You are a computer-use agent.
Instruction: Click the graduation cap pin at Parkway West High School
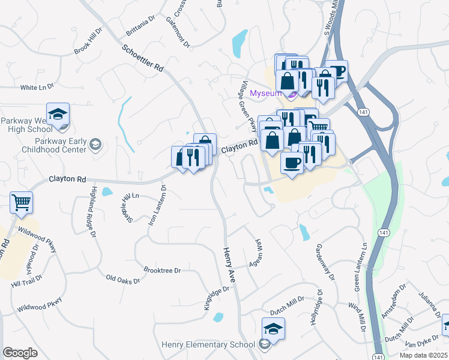coord(58,115)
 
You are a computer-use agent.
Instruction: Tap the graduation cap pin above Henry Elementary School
coord(273,329)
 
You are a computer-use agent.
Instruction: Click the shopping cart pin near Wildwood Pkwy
coord(22,203)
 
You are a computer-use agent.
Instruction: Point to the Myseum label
coord(265,94)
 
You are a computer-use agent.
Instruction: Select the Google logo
coord(20,353)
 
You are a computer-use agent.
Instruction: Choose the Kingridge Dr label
coord(217,298)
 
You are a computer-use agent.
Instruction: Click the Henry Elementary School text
coord(208,344)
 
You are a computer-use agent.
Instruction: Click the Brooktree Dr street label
coord(162,271)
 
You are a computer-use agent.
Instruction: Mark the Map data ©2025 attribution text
coord(423,355)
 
